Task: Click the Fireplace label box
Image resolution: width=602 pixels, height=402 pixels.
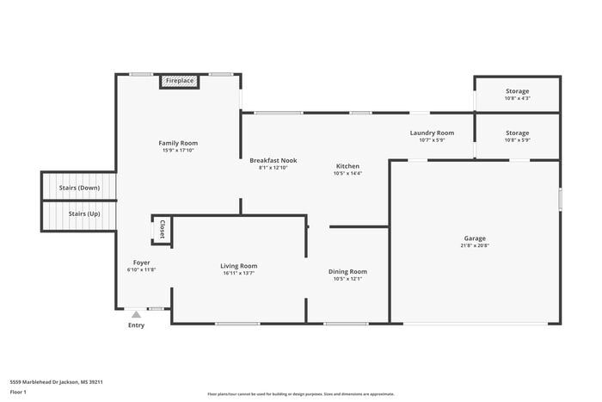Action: tap(180, 81)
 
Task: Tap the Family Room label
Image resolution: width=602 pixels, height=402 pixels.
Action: tap(178, 143)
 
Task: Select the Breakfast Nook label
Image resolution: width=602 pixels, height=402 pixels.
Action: tap(273, 161)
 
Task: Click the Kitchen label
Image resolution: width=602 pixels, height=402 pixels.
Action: tap(347, 166)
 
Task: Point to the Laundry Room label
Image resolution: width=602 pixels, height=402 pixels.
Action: tap(432, 133)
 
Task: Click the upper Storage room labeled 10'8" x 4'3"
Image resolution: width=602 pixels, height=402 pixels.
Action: tap(517, 94)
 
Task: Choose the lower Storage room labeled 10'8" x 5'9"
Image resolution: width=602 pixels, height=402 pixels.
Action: tap(517, 136)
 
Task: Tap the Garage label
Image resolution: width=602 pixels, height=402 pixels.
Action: tap(475, 238)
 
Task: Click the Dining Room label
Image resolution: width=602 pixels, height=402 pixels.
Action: tap(347, 272)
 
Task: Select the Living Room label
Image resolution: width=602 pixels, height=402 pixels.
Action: tap(238, 266)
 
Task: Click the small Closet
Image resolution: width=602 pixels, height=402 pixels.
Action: tap(162, 230)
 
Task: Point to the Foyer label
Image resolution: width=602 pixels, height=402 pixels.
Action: tap(141, 263)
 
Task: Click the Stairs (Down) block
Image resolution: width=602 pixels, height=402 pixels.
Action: tap(78, 187)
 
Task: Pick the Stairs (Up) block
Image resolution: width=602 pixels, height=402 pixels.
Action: tap(78, 214)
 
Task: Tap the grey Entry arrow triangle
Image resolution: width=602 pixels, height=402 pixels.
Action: tap(136, 315)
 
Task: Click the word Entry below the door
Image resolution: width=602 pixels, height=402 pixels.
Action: tap(136, 325)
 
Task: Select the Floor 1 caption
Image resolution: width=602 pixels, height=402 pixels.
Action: tap(18, 393)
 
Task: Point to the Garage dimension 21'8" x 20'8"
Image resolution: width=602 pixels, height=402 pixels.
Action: tap(475, 246)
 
